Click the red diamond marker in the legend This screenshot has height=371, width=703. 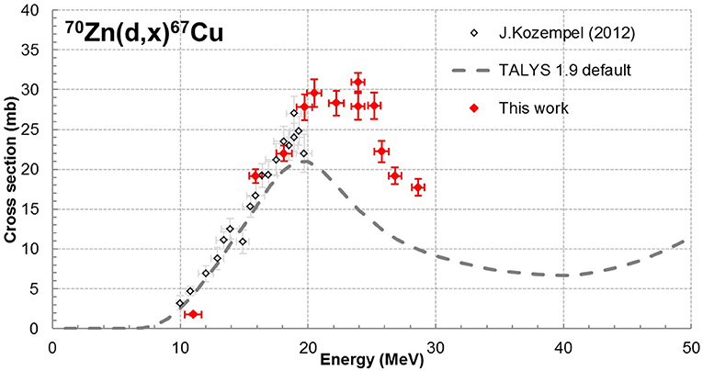474,107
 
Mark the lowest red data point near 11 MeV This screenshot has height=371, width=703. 193,314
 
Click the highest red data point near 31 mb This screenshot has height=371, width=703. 357,83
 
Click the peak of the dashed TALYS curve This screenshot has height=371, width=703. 305,163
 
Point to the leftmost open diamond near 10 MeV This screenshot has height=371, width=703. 180,302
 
